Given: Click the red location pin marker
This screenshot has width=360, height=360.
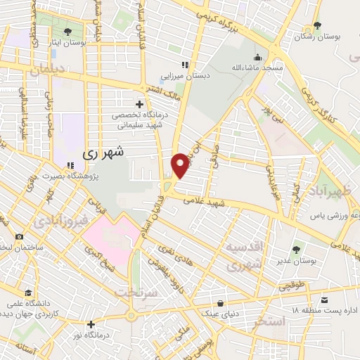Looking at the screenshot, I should [181, 165].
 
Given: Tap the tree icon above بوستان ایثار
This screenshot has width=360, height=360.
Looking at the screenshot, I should [67, 32].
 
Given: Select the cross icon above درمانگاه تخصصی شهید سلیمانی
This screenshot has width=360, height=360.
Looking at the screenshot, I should [140, 104].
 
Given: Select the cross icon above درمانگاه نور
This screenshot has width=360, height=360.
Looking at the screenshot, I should [91, 324].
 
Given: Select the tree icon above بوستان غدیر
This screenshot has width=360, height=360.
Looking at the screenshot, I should [296, 248].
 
